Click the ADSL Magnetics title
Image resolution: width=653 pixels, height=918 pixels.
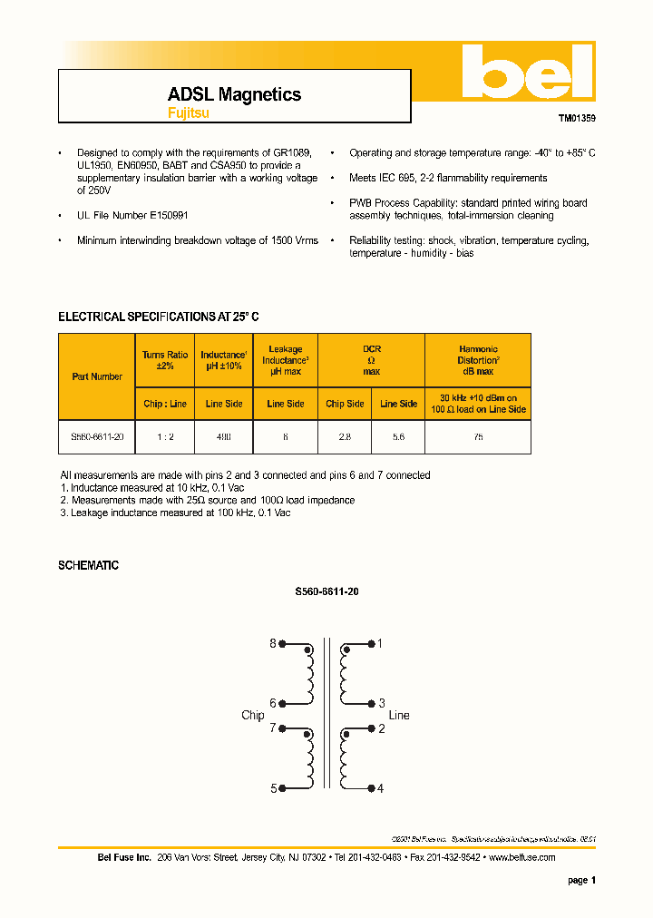coord(234,94)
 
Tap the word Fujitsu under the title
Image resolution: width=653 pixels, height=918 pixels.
coord(188,113)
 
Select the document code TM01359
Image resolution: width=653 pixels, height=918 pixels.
coord(577,118)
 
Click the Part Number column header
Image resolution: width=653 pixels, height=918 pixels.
coord(97,376)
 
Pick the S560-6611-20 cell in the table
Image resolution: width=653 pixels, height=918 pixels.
coord(97,437)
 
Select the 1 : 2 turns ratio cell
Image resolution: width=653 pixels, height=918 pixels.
coord(165,437)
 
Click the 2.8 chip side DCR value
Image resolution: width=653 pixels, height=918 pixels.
coord(345,437)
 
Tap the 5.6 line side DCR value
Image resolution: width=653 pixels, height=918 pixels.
coord(398,437)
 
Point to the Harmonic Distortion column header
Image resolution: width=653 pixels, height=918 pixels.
coord(478,360)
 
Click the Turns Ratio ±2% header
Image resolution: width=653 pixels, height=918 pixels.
coord(165,360)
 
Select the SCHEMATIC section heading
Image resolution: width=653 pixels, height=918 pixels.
coord(88,565)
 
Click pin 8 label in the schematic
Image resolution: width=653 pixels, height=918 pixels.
coord(272,644)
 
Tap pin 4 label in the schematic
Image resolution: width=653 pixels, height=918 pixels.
coord(381,788)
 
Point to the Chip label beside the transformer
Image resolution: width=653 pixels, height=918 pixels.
coord(253,716)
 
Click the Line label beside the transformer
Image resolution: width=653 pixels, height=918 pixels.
coord(399,716)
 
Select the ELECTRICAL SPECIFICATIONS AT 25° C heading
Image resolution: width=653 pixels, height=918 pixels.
coord(159,317)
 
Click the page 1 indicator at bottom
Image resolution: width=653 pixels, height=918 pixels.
coord(581,880)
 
